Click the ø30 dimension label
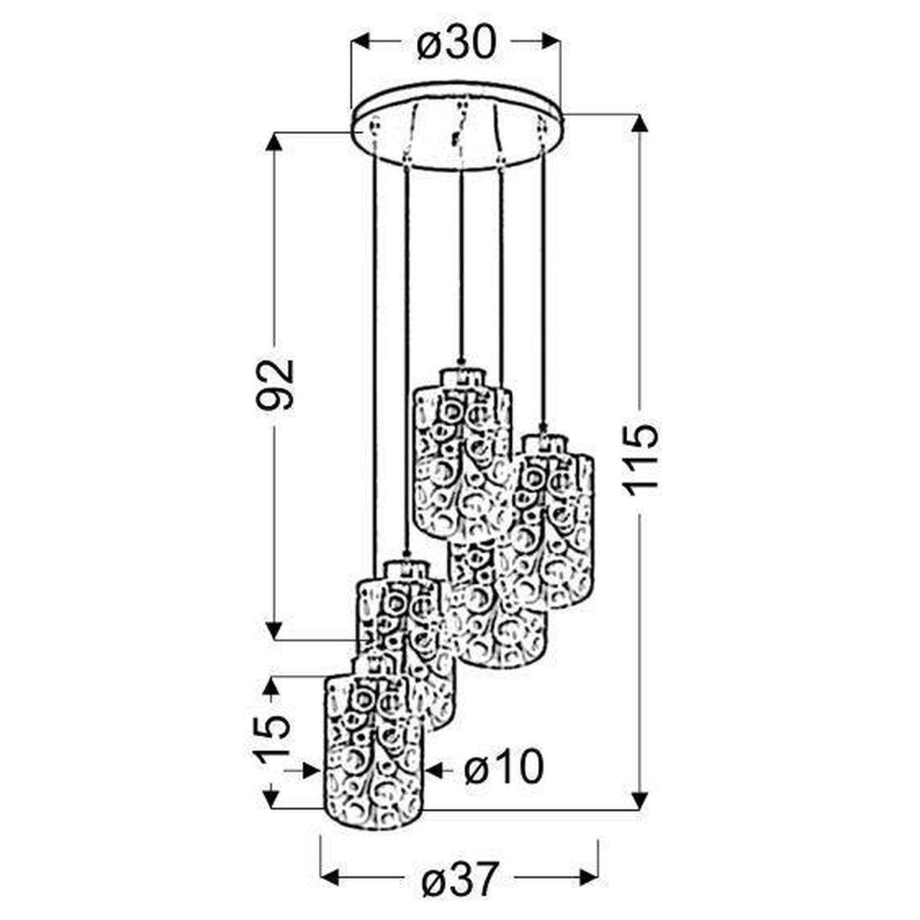coord(456,42)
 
